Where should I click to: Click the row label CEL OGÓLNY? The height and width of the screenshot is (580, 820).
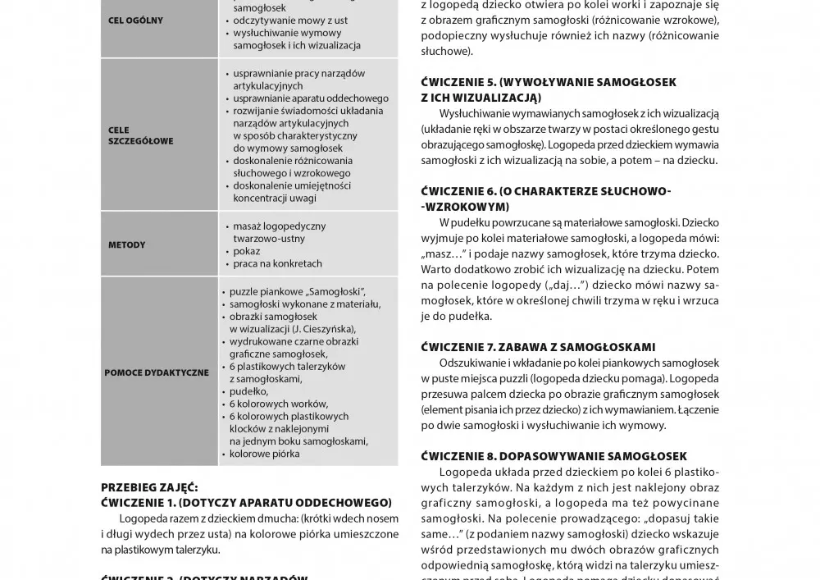[135, 21]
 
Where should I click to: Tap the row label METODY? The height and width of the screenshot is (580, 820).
[126, 244]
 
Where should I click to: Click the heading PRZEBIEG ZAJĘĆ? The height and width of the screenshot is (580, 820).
[149, 486]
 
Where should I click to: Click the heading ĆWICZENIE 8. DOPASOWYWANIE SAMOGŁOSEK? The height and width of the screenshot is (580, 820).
[553, 456]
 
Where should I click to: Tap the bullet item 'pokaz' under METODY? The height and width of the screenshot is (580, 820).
[246, 251]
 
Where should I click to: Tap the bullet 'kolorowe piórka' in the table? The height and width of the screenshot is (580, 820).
[265, 454]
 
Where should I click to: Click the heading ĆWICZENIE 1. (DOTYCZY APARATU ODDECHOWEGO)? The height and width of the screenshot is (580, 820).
[246, 502]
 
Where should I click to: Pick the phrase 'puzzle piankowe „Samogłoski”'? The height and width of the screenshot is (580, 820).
[296, 291]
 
